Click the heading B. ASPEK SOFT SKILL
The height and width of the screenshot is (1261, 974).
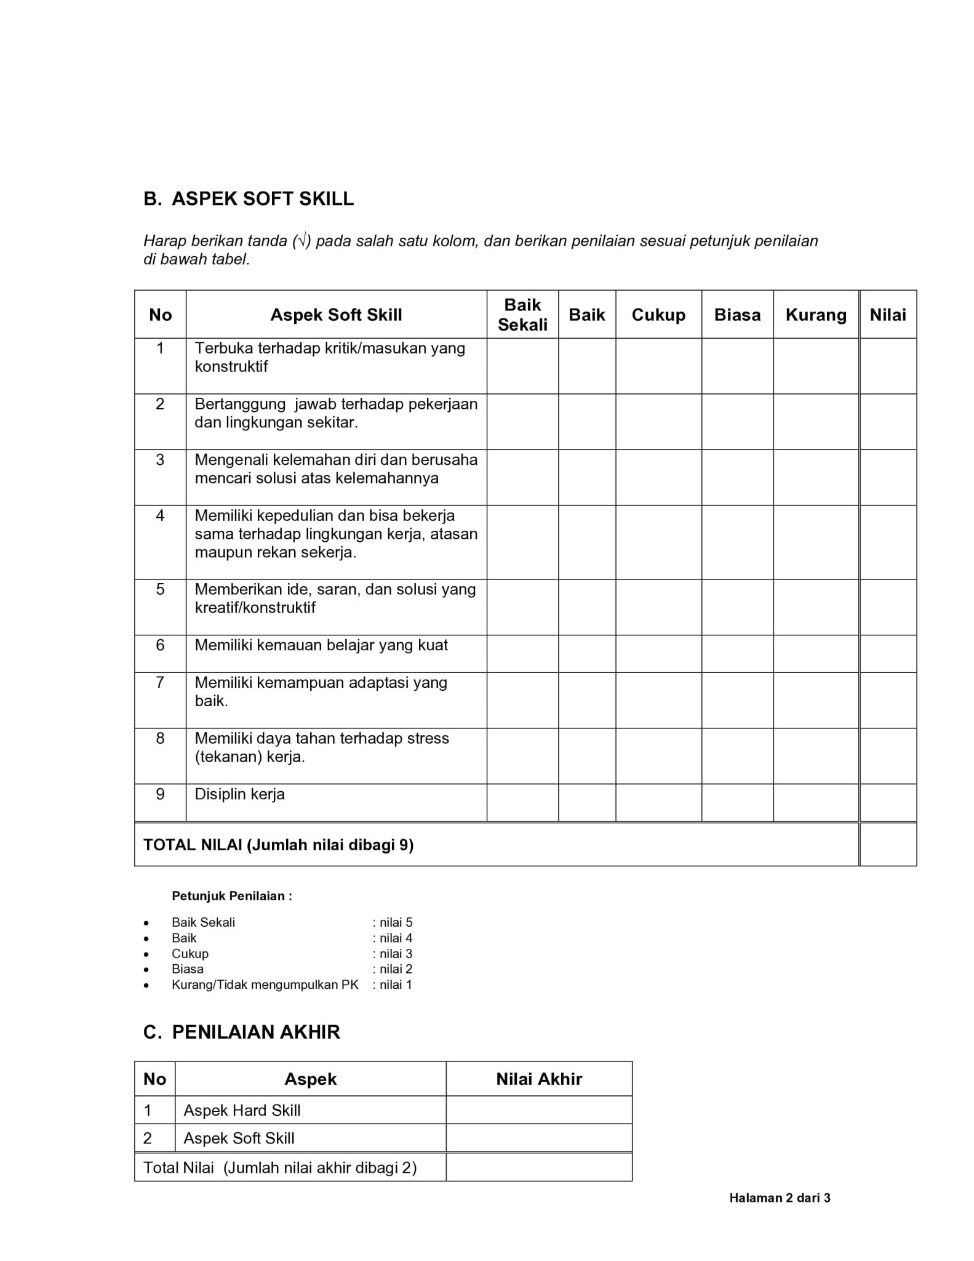(x=249, y=199)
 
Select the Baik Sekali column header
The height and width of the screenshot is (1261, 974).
(x=522, y=315)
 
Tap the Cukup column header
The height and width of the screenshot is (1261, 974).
(x=658, y=315)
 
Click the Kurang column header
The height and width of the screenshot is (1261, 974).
(x=816, y=315)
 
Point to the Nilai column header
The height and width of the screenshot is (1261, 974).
(x=887, y=315)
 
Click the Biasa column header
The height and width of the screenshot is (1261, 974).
(x=737, y=315)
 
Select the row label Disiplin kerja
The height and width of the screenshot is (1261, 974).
(x=240, y=794)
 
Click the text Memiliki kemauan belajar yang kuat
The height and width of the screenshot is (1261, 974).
(x=321, y=645)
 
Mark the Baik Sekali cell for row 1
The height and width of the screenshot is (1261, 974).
(x=522, y=366)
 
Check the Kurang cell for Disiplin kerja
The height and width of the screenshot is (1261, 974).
(x=816, y=802)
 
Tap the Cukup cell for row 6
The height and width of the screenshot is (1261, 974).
(x=658, y=653)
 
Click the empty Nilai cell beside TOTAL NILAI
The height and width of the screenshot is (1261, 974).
(x=888, y=844)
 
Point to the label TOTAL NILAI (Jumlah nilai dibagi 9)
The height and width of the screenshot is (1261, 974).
(x=279, y=845)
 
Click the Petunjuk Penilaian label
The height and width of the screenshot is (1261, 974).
(x=232, y=896)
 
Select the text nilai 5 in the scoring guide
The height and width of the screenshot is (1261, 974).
(x=396, y=922)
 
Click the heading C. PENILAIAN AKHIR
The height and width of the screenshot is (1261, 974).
(x=242, y=1033)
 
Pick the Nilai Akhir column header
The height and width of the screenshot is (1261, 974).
(x=539, y=1079)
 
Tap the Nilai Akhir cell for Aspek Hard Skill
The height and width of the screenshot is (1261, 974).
(x=539, y=1110)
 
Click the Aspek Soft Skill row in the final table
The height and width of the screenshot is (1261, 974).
(x=239, y=1138)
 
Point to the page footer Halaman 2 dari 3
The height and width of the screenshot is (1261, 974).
(x=780, y=1198)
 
